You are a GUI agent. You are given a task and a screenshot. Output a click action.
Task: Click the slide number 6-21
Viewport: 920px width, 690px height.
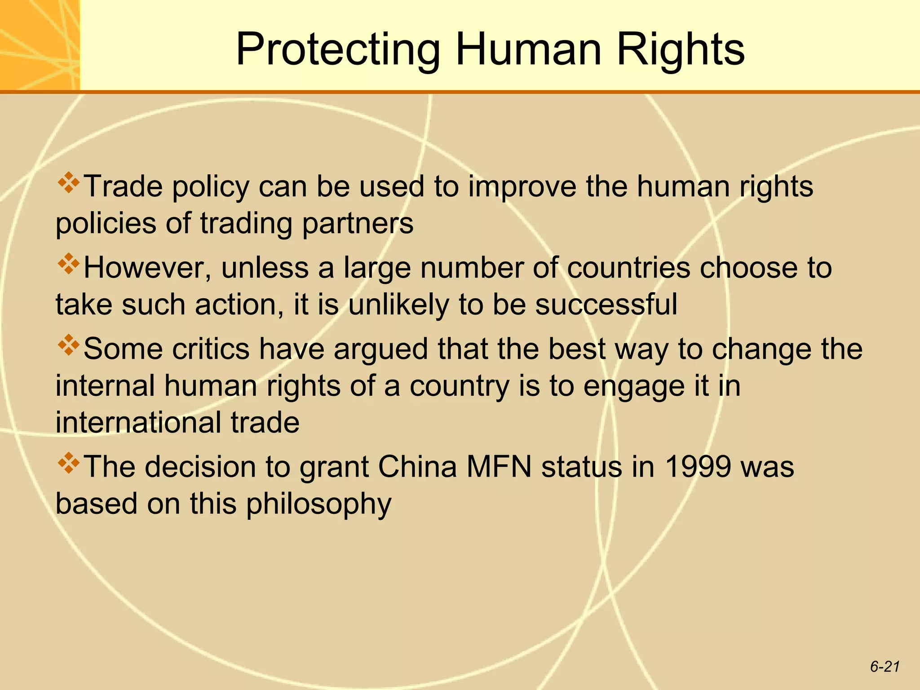pos(885,667)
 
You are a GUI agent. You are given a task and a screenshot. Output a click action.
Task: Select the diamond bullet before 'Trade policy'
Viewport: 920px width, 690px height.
pos(69,183)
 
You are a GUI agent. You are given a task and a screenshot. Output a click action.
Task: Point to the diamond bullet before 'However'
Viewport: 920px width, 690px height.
pos(69,264)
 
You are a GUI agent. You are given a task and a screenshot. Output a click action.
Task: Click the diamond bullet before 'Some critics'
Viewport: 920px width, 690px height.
pos(69,345)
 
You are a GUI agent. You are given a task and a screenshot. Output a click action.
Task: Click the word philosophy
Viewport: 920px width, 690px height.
pos(319,504)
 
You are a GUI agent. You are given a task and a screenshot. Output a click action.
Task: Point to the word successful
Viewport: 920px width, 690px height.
pos(606,304)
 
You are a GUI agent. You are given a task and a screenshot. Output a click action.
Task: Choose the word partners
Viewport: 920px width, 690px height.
pos(358,223)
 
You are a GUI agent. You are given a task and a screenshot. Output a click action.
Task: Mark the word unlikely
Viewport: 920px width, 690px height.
pos(398,304)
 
